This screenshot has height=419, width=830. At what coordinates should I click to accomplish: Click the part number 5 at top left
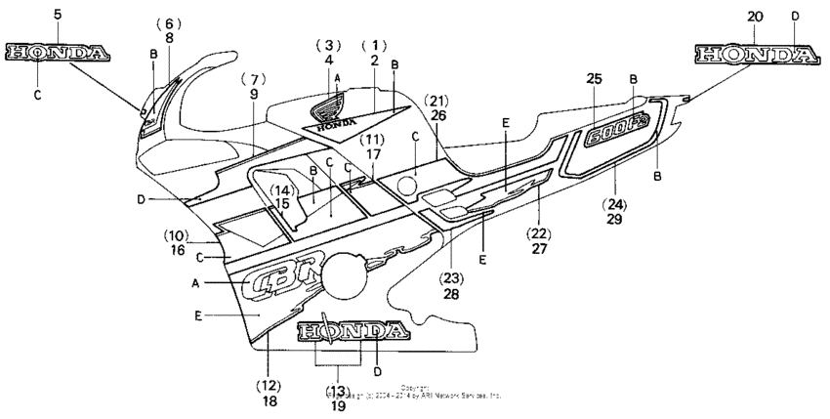57,15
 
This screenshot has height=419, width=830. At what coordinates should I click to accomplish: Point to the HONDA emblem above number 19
352,331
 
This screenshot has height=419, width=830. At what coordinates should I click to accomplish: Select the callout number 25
596,77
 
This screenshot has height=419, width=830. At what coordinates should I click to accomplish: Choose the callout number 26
437,115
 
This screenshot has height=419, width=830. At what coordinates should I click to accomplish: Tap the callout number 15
281,204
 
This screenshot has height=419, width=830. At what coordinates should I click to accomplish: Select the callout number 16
177,251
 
